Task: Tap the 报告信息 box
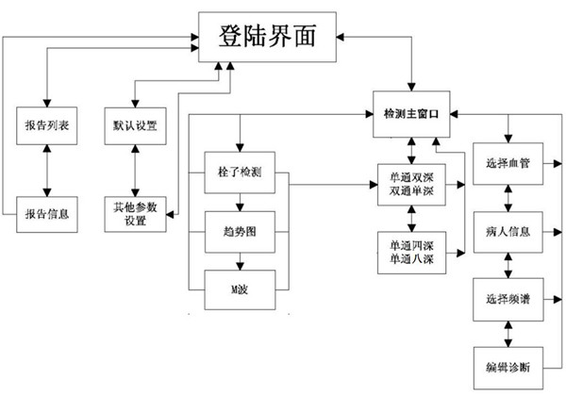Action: (45, 213)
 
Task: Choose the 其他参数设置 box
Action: (138, 214)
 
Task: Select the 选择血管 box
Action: (510, 163)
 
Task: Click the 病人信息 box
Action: (510, 229)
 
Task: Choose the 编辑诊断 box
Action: (510, 364)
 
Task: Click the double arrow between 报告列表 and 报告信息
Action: (45, 170)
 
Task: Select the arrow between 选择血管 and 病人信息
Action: (510, 196)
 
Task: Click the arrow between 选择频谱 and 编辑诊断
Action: (510, 331)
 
